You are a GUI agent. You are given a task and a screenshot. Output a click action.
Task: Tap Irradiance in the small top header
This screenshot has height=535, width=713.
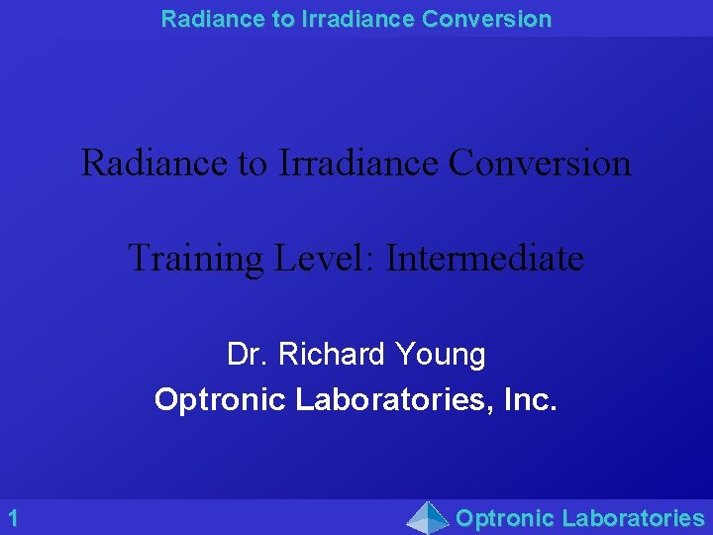tap(347, 19)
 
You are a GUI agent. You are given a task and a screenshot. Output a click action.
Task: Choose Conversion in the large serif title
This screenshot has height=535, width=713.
tap(540, 162)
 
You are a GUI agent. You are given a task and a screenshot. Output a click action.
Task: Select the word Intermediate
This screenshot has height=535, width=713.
tap(485, 259)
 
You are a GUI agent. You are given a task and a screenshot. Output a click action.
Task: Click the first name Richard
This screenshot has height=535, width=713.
tap(334, 354)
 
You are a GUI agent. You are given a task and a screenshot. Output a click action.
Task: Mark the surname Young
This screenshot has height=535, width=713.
tap(441, 354)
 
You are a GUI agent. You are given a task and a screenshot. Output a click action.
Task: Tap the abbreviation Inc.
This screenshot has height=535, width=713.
tap(533, 400)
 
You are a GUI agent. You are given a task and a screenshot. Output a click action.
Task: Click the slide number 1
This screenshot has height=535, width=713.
tap(13, 517)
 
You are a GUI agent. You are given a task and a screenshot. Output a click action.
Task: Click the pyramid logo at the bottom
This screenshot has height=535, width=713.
tap(429, 517)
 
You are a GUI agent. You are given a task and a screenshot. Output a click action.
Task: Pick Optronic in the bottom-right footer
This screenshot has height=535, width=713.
tap(505, 518)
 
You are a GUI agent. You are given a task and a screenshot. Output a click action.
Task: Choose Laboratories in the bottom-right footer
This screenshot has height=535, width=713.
tap(633, 518)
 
